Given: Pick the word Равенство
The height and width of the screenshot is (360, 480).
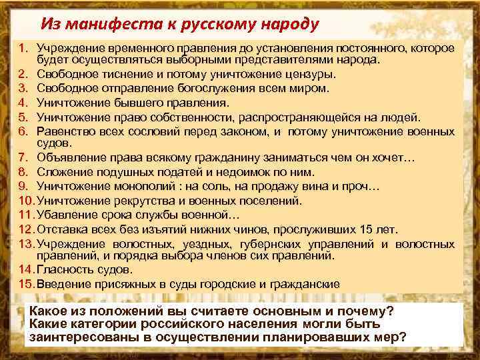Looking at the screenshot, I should point(62,131).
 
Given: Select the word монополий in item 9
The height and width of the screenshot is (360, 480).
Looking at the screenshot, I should point(130,186).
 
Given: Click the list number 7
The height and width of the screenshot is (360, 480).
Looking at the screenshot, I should point(23,157).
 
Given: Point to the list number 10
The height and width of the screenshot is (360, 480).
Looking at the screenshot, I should point(25,200).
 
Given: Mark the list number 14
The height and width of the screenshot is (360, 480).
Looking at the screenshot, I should point(25,270).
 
